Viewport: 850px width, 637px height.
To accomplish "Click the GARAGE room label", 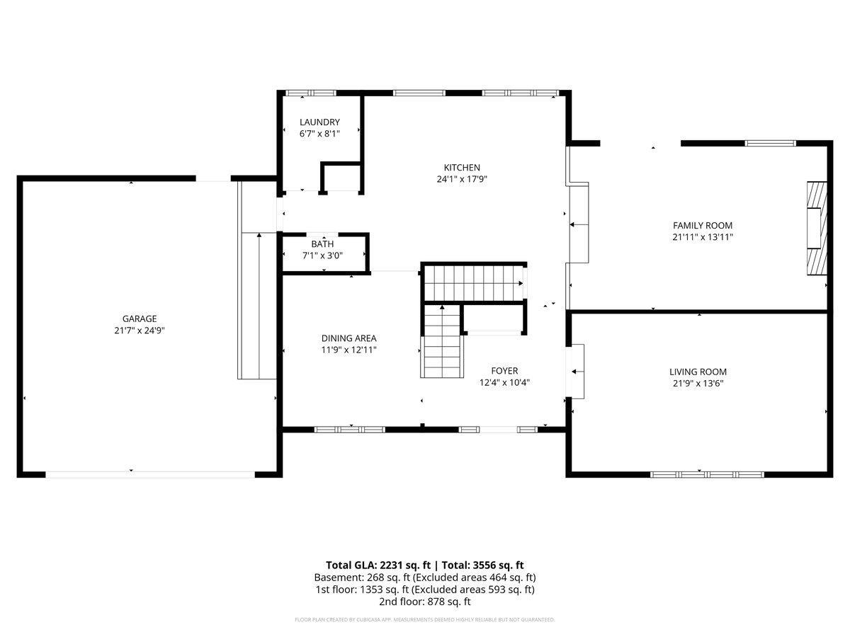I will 139,318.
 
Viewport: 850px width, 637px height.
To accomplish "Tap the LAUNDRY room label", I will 319,122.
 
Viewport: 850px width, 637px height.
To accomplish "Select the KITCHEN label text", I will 462,167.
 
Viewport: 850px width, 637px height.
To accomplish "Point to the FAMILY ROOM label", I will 702,225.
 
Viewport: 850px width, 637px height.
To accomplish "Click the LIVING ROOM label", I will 698,372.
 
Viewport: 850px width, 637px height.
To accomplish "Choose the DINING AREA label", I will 348,338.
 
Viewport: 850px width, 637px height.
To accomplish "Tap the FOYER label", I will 504,370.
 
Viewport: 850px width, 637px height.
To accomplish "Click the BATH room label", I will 322,244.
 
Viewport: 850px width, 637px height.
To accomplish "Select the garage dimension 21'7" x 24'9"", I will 139,330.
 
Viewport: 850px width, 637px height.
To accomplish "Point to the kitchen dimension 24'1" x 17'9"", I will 462,179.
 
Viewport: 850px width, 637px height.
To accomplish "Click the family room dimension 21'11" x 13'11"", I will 702,237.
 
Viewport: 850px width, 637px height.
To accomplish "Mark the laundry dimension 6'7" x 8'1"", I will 319,133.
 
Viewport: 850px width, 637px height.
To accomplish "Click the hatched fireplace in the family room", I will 815,228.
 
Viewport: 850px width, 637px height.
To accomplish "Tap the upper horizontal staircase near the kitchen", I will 473,282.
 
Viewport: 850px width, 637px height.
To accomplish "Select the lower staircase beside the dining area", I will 442,343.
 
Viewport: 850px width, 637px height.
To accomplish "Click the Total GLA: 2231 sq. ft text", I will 378,565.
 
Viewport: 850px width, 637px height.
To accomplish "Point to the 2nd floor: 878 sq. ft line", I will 424,602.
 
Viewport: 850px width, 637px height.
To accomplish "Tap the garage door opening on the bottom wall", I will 150,474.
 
